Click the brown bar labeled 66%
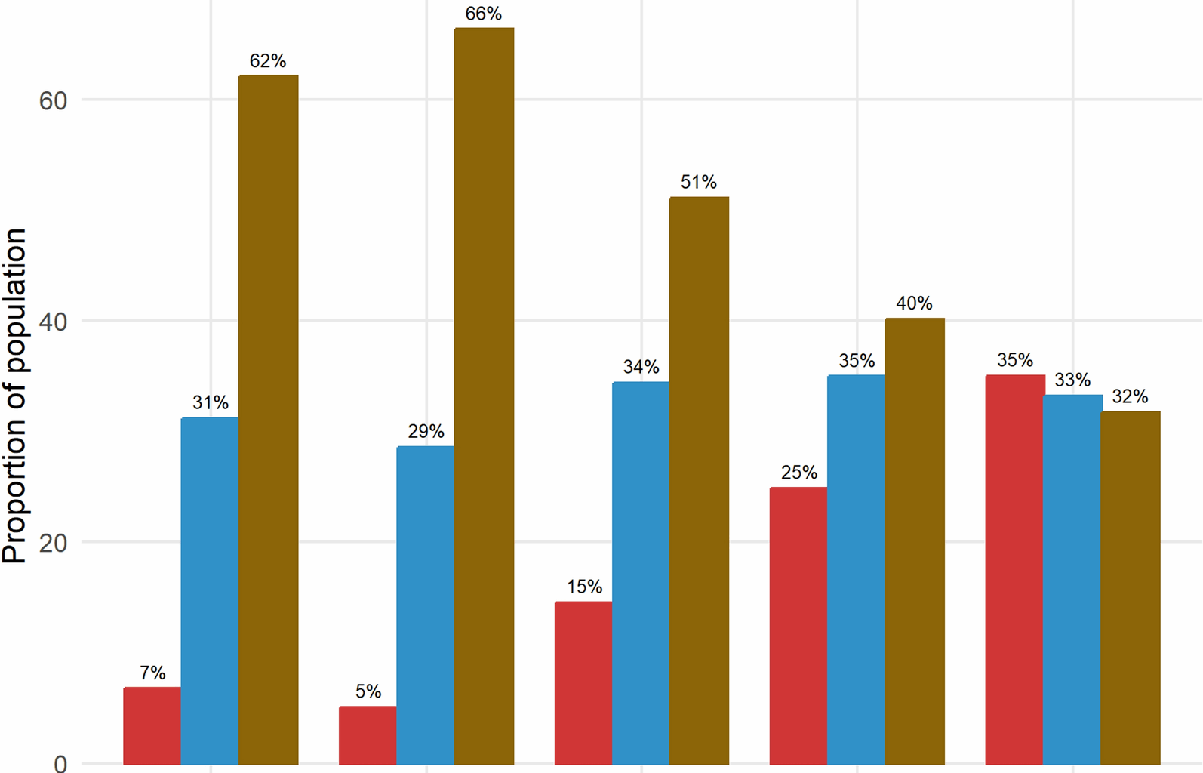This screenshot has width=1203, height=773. tap(484, 396)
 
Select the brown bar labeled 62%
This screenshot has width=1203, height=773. tap(268, 420)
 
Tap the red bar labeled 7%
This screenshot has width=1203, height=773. tap(152, 725)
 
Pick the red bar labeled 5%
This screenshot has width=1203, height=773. tap(368, 735)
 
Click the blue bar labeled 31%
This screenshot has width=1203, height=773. tap(210, 590)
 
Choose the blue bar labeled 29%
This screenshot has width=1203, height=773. tap(425, 605)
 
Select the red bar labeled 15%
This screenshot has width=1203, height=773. tap(583, 682)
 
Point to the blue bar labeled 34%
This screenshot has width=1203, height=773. tap(640, 573)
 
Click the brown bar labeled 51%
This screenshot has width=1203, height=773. tap(699, 480)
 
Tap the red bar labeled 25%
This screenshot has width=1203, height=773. tap(798, 626)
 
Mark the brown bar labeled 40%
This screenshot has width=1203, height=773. tap(914, 540)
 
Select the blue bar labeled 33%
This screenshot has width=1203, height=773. tap(1072, 579)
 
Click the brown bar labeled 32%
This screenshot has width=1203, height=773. tap(1130, 587)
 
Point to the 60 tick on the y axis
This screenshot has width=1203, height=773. tap(53, 101)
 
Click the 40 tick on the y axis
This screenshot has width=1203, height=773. tap(53, 322)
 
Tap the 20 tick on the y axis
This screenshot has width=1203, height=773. tap(53, 544)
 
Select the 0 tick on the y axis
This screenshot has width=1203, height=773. tap(60, 763)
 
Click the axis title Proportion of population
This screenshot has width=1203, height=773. tap(15, 396)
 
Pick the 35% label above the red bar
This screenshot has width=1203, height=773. tap(1014, 361)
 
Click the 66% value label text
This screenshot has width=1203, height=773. tap(483, 14)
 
